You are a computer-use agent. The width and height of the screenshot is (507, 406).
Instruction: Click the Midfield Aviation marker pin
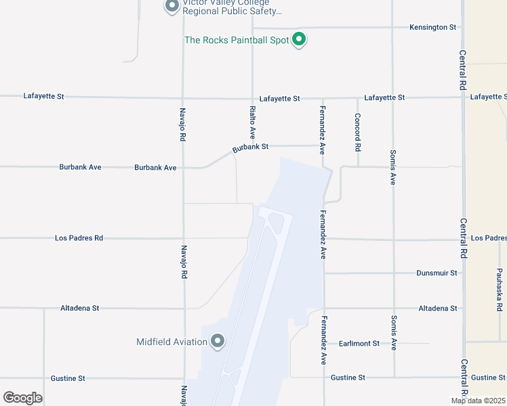click(x=218, y=341)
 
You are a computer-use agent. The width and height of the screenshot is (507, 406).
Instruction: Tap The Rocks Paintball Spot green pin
click(x=299, y=39)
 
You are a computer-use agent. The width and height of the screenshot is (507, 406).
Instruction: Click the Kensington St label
click(x=432, y=27)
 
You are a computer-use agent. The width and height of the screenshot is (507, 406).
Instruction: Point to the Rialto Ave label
click(x=252, y=121)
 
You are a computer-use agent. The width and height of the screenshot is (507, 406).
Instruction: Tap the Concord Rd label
click(x=358, y=131)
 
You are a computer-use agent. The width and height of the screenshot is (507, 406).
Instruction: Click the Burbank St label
click(x=251, y=146)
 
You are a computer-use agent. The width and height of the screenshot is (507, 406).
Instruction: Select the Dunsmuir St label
click(x=437, y=273)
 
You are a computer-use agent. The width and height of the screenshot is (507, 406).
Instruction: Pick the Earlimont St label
click(x=359, y=344)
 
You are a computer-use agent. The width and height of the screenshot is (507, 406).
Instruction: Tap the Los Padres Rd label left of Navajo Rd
click(x=79, y=238)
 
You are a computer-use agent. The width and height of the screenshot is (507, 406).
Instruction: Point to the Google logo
click(x=22, y=398)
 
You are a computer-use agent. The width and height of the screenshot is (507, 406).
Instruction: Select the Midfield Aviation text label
click(x=171, y=342)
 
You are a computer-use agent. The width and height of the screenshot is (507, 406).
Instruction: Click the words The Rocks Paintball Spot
click(x=237, y=40)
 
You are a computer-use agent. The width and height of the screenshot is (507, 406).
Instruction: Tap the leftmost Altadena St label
click(x=79, y=308)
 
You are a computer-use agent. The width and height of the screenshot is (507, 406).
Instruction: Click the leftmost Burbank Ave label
click(x=80, y=167)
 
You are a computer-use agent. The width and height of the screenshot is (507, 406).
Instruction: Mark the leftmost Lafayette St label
click(x=43, y=97)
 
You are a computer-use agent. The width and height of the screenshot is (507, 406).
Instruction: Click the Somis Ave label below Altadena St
click(x=393, y=332)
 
